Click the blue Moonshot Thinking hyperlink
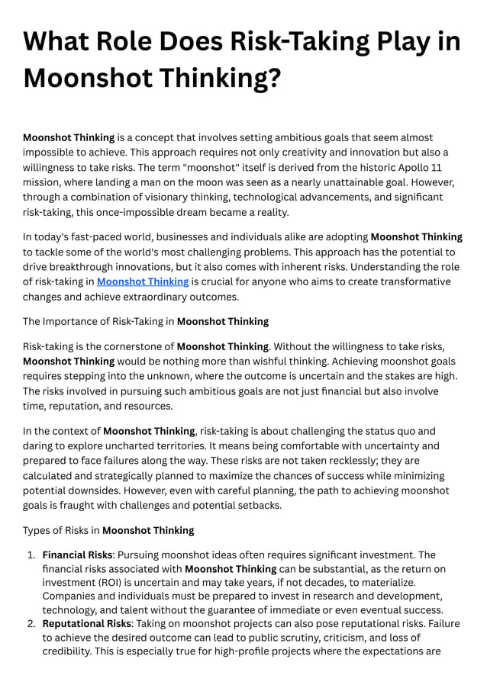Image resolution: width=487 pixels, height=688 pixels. point(143,281)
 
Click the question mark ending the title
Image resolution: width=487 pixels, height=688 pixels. point(273,77)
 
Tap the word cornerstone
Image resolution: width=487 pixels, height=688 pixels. point(129,346)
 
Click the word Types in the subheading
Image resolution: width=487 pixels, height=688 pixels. point(37,530)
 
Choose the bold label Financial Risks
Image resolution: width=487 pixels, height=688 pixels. point(77,555)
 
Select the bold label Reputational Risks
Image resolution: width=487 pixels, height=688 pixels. point(86,624)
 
